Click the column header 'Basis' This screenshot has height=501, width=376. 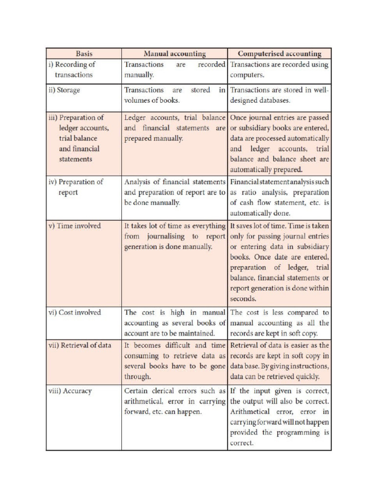point(84,54)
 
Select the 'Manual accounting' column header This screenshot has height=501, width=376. point(174,54)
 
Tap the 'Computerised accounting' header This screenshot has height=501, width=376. point(279,54)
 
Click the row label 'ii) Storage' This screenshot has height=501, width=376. point(64,90)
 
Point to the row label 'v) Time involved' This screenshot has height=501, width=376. point(74,226)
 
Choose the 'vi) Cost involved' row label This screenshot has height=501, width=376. point(74,312)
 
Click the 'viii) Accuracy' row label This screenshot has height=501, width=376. point(70,391)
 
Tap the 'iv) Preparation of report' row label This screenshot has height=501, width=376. point(76,187)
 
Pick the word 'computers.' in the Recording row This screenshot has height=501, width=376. point(247,75)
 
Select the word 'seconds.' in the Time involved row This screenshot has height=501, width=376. point(243,298)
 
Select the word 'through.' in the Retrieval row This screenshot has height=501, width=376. point(138,377)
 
